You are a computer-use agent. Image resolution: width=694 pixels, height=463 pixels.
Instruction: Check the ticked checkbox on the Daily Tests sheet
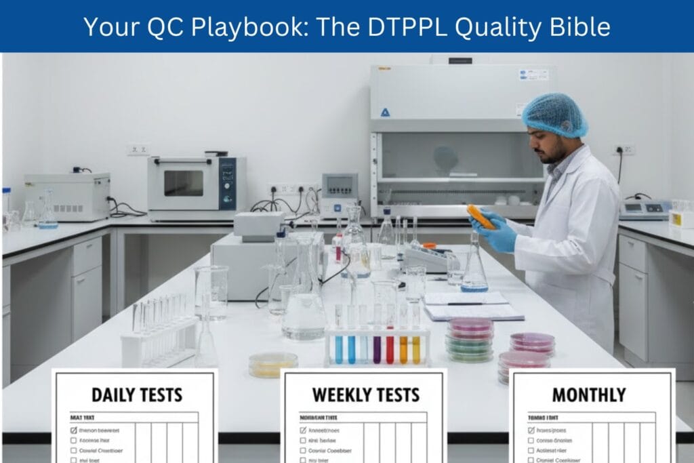tap(74, 430)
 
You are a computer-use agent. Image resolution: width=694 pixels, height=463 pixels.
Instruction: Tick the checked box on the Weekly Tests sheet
tap(303, 430)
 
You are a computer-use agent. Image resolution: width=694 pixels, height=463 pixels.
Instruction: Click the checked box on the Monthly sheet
tap(531, 430)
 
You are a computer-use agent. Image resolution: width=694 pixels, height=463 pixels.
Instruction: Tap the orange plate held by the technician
tap(481, 216)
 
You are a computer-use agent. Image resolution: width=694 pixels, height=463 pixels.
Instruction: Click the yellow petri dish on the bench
tap(272, 363)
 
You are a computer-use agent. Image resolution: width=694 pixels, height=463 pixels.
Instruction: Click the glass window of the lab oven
tap(183, 183)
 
